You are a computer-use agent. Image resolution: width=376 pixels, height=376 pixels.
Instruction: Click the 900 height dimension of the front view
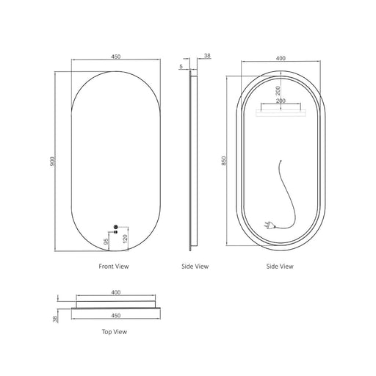click(x=52, y=162)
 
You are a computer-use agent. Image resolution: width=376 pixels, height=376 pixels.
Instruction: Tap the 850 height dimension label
click(x=224, y=161)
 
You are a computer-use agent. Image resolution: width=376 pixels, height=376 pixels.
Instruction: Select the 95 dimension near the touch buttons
click(x=106, y=242)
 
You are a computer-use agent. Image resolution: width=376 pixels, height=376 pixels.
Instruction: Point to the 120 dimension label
click(x=125, y=239)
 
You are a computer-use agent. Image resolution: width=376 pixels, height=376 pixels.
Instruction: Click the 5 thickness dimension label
click(x=181, y=66)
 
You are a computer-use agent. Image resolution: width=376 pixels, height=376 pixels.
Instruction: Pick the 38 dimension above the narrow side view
click(x=207, y=56)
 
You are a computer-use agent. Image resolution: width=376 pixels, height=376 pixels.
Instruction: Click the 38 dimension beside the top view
click(x=56, y=319)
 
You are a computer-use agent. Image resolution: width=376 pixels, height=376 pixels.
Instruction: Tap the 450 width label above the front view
click(x=116, y=57)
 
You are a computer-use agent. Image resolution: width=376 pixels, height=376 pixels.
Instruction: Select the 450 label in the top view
click(x=116, y=316)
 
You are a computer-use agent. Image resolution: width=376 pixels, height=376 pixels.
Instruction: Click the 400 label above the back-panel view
click(x=281, y=58)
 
